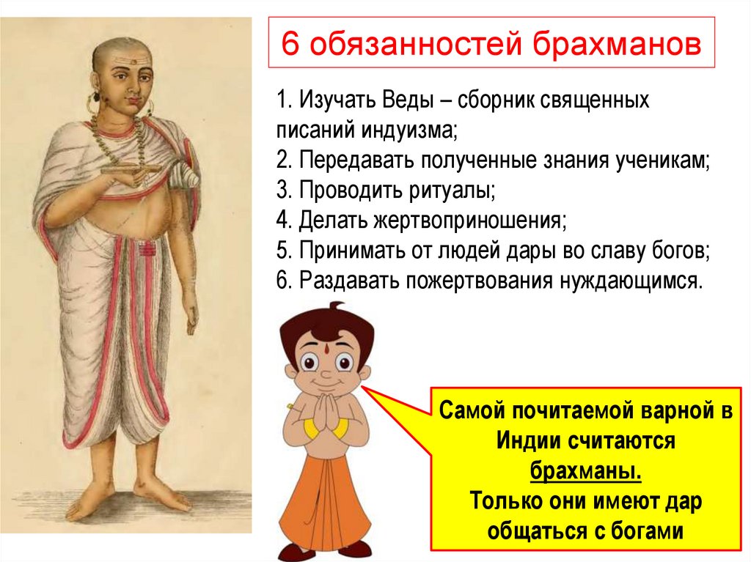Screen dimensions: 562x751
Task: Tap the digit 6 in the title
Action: click(291, 48)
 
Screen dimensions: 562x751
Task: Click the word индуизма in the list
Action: click(408, 131)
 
